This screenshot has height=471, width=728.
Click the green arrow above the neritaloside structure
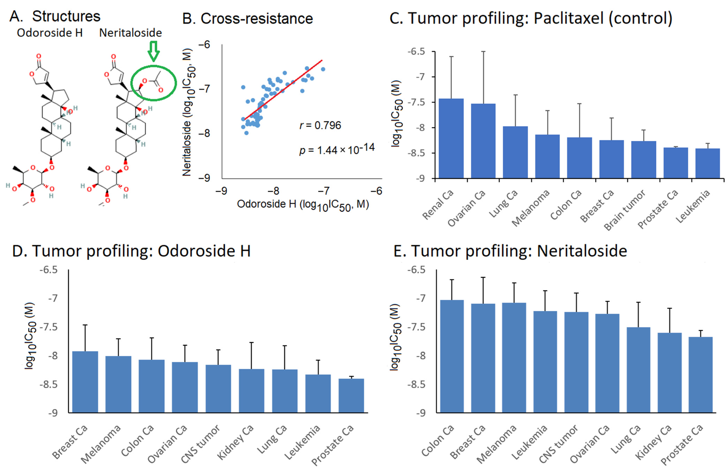coord(153,51)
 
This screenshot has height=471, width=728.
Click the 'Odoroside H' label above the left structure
coord(50,33)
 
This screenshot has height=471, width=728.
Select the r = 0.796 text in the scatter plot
coord(320,125)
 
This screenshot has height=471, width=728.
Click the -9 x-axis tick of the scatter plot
coord(221,191)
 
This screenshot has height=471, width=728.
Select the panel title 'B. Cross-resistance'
coord(248,19)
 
